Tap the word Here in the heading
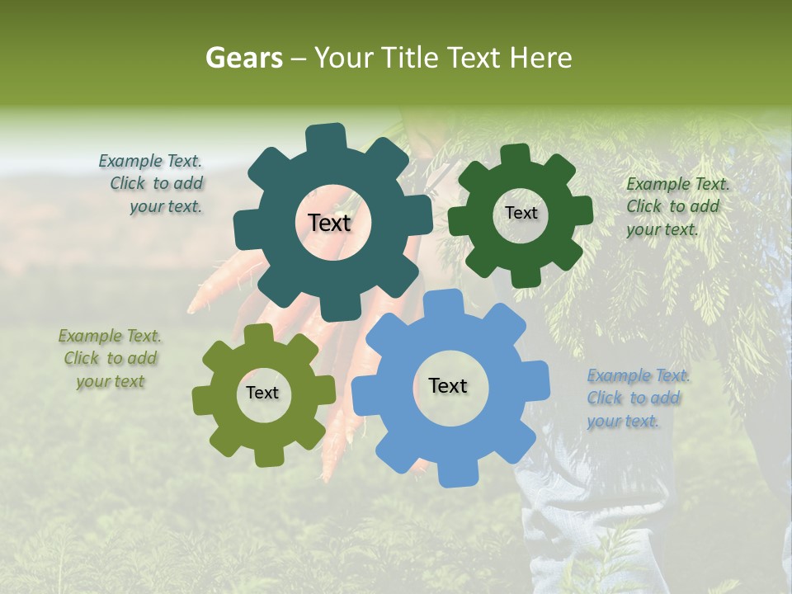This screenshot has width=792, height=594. tap(541, 58)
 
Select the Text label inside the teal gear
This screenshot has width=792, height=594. tap(329, 223)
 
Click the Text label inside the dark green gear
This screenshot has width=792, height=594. tap(521, 213)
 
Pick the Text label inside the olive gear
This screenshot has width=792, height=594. tap(262, 394)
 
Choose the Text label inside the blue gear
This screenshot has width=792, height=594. tap(448, 385)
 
